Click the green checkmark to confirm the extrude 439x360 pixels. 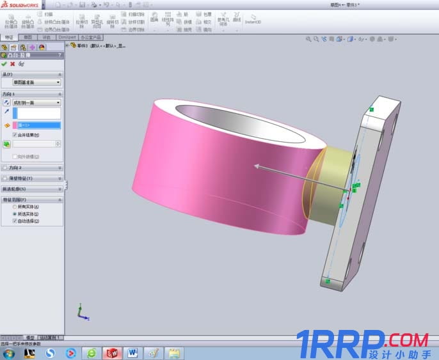click(4, 64)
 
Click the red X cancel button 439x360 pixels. click(13, 64)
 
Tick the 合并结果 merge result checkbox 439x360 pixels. click(15, 135)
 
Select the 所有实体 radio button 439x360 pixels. click(15, 207)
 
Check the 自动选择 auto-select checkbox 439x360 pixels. click(15, 221)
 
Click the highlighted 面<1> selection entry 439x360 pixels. click(38, 125)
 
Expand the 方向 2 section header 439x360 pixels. click(32, 168)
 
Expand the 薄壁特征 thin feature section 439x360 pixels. click(32, 178)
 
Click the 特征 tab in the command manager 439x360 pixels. click(9, 37)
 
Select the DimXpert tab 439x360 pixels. click(67, 37)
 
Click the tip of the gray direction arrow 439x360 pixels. click(256, 166)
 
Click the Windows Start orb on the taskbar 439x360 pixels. click(8, 353)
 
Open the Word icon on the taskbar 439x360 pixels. click(132, 353)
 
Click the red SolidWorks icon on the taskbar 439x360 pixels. click(113, 353)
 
